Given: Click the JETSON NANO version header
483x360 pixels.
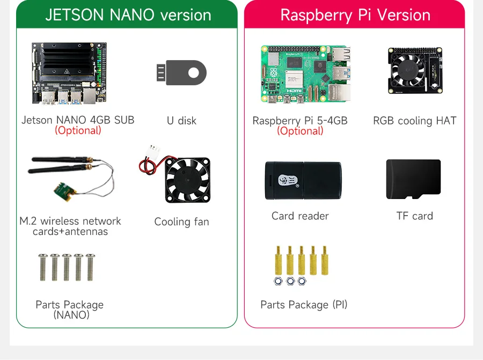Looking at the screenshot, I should coord(128,15).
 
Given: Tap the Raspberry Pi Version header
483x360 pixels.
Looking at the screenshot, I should coord(355,15).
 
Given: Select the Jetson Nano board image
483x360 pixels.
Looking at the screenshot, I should coord(69,73).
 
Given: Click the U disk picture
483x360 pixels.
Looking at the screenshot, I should coord(181,72).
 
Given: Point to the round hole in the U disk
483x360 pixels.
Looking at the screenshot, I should coord(194,72).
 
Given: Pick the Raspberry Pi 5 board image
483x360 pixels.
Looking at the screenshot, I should coord(305,74).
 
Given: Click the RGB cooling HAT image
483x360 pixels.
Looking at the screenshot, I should coord(414,71).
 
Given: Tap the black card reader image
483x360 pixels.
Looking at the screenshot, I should coord(303,180).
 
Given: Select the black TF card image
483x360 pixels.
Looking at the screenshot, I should coord(413,179).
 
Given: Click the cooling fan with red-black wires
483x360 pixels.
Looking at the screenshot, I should coord(187,180).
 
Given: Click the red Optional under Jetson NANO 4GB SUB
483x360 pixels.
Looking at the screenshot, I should coord(78,130).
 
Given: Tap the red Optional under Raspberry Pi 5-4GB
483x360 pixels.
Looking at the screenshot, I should coord(300,131).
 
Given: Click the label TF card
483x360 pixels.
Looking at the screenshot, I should coord(414,216).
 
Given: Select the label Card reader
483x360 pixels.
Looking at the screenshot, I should coord(300,216).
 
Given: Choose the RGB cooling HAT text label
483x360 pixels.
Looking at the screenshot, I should coord(414,121).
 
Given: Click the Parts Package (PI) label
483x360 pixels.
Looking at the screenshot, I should coord(304,305).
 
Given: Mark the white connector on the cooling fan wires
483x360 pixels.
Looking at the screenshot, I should coord(154,150).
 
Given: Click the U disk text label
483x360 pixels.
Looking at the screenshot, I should coord(181,121).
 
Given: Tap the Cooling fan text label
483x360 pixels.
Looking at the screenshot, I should coord(181,222).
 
